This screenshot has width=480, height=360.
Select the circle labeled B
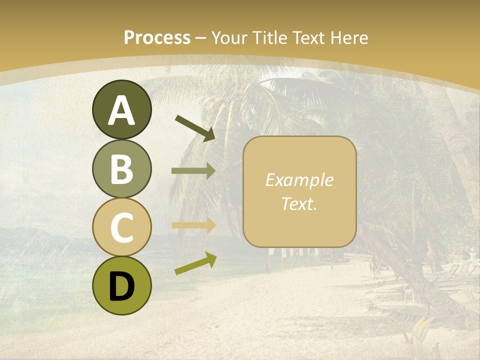point(122,168)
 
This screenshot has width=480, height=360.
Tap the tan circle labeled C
point(122,227)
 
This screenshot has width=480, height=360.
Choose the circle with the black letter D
point(122,285)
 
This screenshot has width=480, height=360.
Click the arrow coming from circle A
point(195,128)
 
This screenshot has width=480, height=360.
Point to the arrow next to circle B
point(193,171)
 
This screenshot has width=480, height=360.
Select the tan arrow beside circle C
point(193,225)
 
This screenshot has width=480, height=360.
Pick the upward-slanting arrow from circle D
point(195,263)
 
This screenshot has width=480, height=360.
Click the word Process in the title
point(157,38)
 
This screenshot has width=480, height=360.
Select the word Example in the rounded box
point(299,180)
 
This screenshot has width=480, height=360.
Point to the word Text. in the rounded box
point(299,204)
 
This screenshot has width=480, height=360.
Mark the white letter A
point(122,111)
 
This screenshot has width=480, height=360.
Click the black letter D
point(122,286)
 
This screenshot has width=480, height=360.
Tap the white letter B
point(122,169)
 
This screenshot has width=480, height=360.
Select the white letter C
point(122,227)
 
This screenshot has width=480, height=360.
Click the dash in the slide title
point(201,38)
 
